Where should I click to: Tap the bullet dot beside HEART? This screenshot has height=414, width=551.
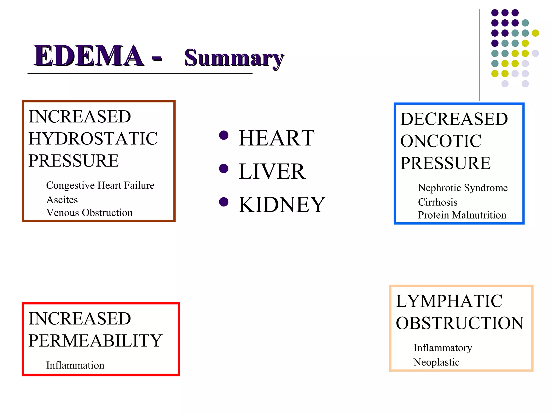click(x=224, y=135)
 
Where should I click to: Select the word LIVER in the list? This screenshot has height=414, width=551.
click(x=272, y=171)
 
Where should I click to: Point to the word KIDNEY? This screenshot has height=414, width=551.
click(x=282, y=205)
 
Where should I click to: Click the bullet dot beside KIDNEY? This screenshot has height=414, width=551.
click(x=224, y=202)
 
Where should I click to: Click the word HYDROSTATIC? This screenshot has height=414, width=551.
click(x=93, y=139)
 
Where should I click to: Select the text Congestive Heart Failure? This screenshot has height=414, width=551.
click(x=100, y=185)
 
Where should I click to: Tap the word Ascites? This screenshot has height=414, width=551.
click(x=62, y=200)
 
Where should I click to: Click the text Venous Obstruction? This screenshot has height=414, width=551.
click(x=89, y=213)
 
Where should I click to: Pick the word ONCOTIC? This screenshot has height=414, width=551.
click(x=440, y=141)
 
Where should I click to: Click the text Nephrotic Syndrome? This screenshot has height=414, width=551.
click(x=462, y=188)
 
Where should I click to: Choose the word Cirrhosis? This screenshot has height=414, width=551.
click(x=437, y=202)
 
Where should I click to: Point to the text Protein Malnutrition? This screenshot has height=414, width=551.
click(x=462, y=215)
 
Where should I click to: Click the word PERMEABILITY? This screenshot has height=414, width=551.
click(x=95, y=340)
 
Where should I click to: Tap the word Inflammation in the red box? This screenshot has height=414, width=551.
click(x=75, y=365)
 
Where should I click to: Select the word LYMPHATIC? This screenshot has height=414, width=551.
click(x=449, y=301)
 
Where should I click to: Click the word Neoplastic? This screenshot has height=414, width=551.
click(x=436, y=362)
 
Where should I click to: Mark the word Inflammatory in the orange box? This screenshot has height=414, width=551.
click(x=443, y=348)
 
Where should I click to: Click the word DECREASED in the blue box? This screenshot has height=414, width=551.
click(x=454, y=119)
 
